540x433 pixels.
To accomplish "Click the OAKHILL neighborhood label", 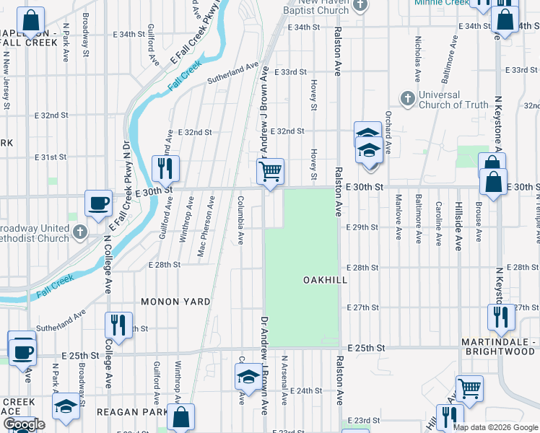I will [326, 279].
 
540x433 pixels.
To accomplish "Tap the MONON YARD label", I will [175, 302].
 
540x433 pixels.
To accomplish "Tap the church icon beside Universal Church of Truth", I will [407, 97].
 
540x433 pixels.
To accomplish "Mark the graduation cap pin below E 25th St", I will [248, 377].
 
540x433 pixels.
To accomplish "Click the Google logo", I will [24, 424].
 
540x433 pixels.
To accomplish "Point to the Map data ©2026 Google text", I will [495, 427].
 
